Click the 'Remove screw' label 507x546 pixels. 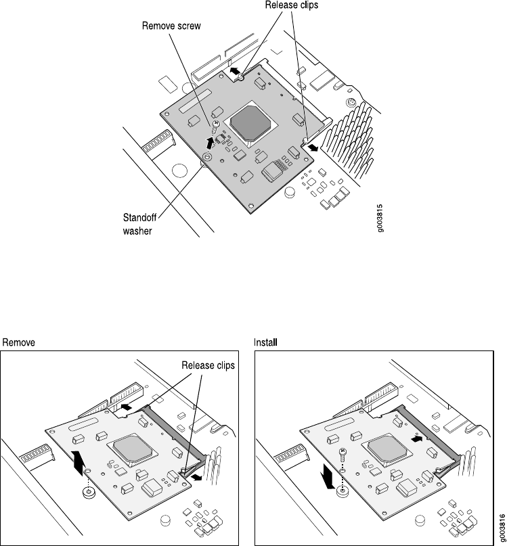171,27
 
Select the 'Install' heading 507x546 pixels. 266,342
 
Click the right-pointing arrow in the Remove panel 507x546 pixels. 195,477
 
